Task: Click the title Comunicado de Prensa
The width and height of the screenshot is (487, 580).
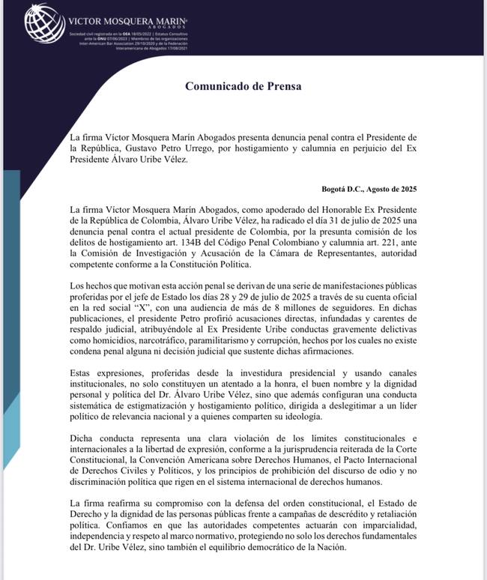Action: pyautogui.click(x=243, y=85)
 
